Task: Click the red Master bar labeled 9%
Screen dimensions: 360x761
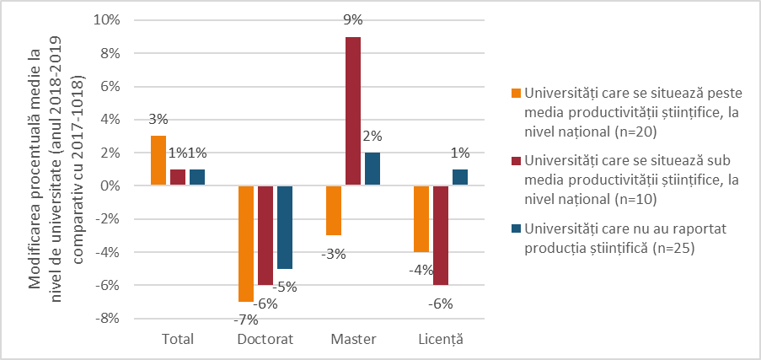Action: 353,110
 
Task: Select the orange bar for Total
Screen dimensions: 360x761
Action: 158,160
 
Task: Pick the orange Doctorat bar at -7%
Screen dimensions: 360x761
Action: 246,243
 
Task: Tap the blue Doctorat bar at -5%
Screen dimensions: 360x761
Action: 286,227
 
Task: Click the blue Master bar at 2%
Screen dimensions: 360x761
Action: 372,169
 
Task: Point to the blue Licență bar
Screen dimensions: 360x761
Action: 460,177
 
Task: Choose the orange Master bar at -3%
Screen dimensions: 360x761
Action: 334,210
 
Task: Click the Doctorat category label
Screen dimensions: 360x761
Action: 265,339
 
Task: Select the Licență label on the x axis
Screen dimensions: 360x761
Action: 440,339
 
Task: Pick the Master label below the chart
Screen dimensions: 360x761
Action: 353,339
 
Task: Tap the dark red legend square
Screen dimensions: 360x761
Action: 515,160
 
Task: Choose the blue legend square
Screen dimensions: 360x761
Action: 515,228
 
